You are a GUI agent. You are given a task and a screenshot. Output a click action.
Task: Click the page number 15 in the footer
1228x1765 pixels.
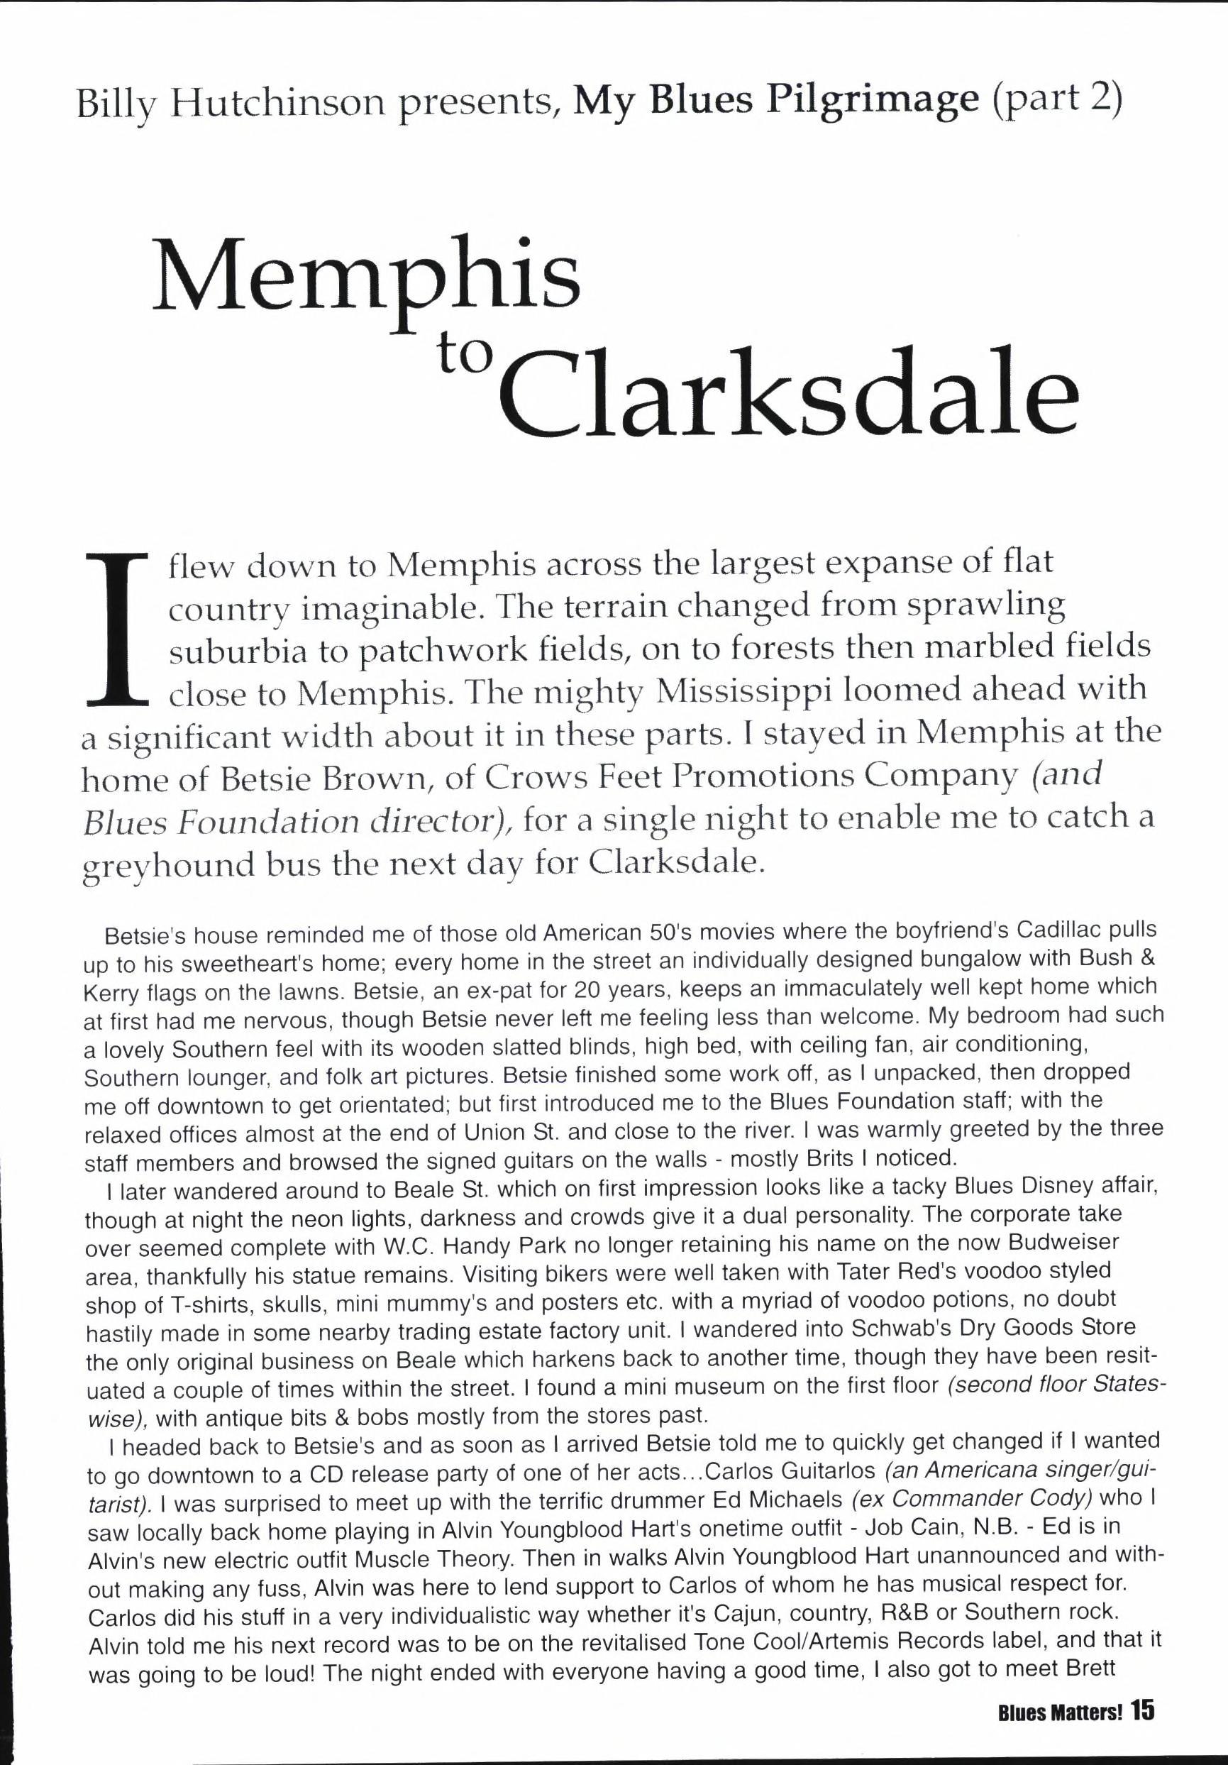click(x=1143, y=1692)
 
